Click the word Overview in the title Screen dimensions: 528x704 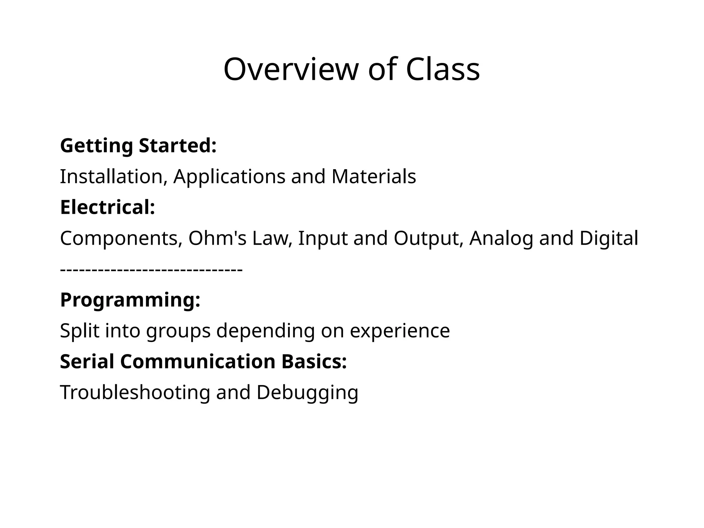[291, 69]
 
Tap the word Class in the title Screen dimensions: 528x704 [443, 69]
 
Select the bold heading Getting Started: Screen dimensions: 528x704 [138, 146]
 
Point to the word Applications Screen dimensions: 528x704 [229, 177]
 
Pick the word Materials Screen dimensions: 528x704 [374, 177]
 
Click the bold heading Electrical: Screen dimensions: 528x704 [108, 208]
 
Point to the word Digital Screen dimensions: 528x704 [609, 238]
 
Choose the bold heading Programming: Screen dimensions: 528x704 [130, 300]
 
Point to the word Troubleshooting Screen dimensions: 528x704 [135, 393]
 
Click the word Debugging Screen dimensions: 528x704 [307, 393]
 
